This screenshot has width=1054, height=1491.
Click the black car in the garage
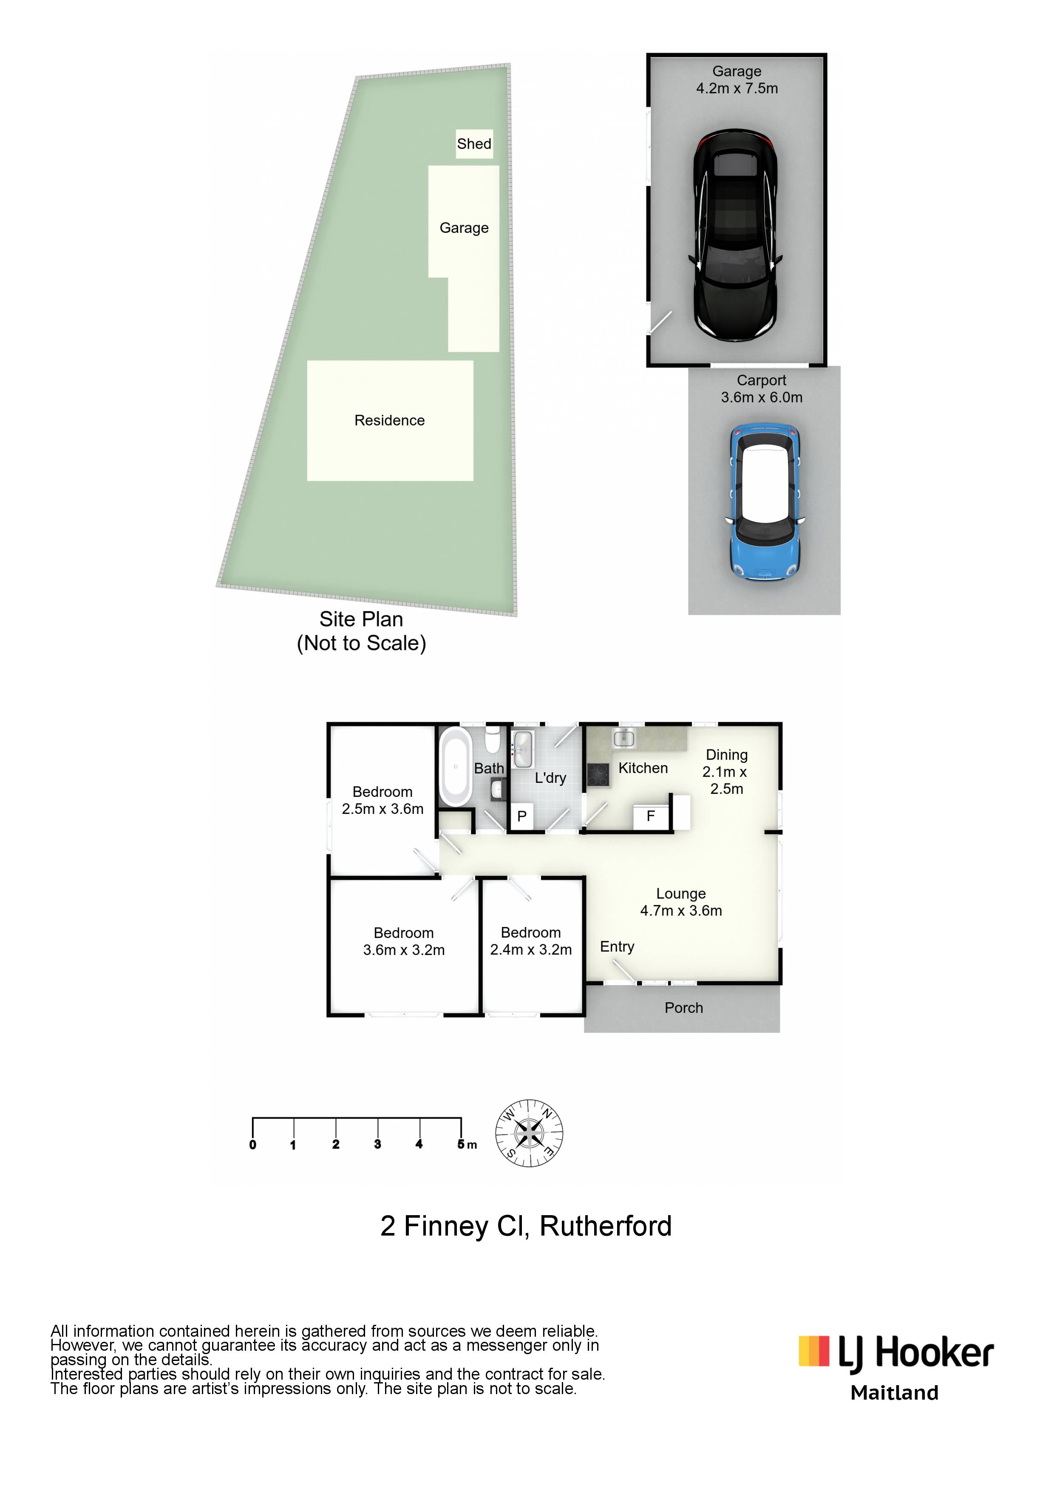pos(735,236)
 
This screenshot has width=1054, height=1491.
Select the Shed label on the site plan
pos(474,144)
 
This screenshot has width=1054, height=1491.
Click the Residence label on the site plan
pos(390,420)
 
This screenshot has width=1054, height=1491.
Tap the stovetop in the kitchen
pos(598,775)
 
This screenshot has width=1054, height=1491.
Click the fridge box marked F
pos(652,816)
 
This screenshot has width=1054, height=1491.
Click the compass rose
pos(529,1133)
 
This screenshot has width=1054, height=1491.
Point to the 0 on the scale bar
pos(252,1145)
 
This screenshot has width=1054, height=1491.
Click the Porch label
pos(684,1008)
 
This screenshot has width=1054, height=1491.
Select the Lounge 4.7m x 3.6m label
pos(681,902)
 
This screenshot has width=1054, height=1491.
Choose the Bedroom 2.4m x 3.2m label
pos(531,941)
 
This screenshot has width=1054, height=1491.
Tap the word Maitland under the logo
pos(895,1393)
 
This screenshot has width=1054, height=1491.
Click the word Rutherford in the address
pos(606,1226)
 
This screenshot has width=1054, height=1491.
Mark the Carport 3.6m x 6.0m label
pos(762,388)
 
